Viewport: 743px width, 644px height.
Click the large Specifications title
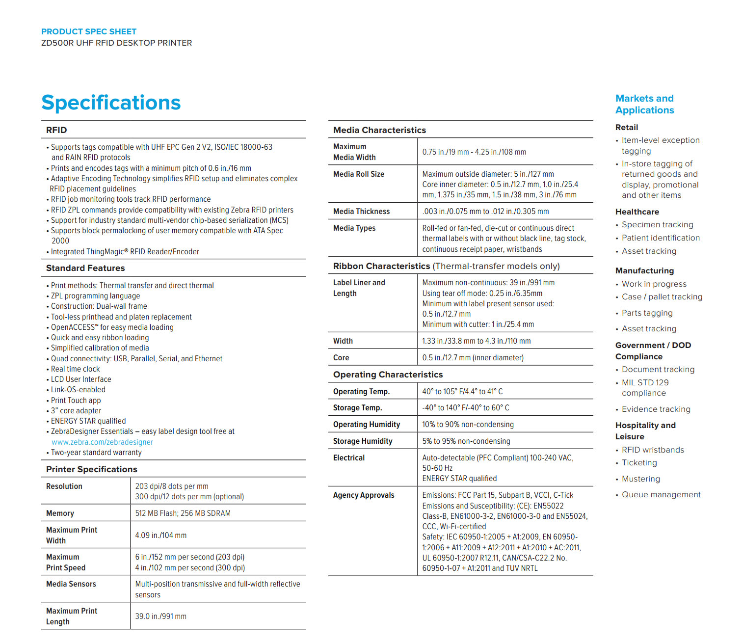coord(111,103)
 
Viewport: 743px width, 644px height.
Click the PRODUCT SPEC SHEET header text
coord(89,31)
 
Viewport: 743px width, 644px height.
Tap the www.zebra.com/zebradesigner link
coord(102,442)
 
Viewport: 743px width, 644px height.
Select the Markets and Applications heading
coord(644,104)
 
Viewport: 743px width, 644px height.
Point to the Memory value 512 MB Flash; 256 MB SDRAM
coord(183,513)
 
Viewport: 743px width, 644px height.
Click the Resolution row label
coord(64,486)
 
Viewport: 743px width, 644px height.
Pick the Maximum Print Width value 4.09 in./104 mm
coord(161,535)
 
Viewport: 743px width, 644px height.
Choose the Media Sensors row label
coord(71,584)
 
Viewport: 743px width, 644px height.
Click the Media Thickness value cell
coord(485,211)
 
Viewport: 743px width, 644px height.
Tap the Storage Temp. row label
coord(357,407)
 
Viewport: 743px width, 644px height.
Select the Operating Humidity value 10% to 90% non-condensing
coord(468,424)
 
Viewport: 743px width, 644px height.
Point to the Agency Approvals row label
coord(364,495)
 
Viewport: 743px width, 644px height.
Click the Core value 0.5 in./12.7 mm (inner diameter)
coord(473,357)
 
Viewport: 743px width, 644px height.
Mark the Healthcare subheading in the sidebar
coord(637,212)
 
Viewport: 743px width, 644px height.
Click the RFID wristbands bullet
coord(653,450)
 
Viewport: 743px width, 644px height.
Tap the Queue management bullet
coord(661,494)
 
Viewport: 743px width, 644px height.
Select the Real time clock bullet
coord(76,369)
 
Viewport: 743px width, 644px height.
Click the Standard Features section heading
coord(85,268)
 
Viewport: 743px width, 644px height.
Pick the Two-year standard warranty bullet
coord(96,452)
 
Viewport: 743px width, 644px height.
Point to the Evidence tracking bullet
coord(656,409)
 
